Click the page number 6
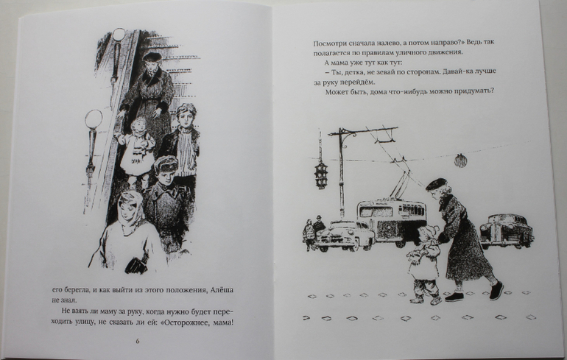(x=138, y=341)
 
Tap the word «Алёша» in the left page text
(x=222, y=290)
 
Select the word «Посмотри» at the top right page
(x=329, y=43)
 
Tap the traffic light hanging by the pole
(x=321, y=175)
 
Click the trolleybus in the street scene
(x=392, y=222)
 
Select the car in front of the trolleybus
(x=344, y=236)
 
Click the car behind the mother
(x=507, y=230)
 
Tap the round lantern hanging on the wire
(x=460, y=160)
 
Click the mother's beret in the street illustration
(x=436, y=184)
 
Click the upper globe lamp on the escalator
(x=118, y=35)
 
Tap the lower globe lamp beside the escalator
(x=94, y=119)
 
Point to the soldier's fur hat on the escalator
(x=166, y=163)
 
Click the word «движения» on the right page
(x=445, y=52)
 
